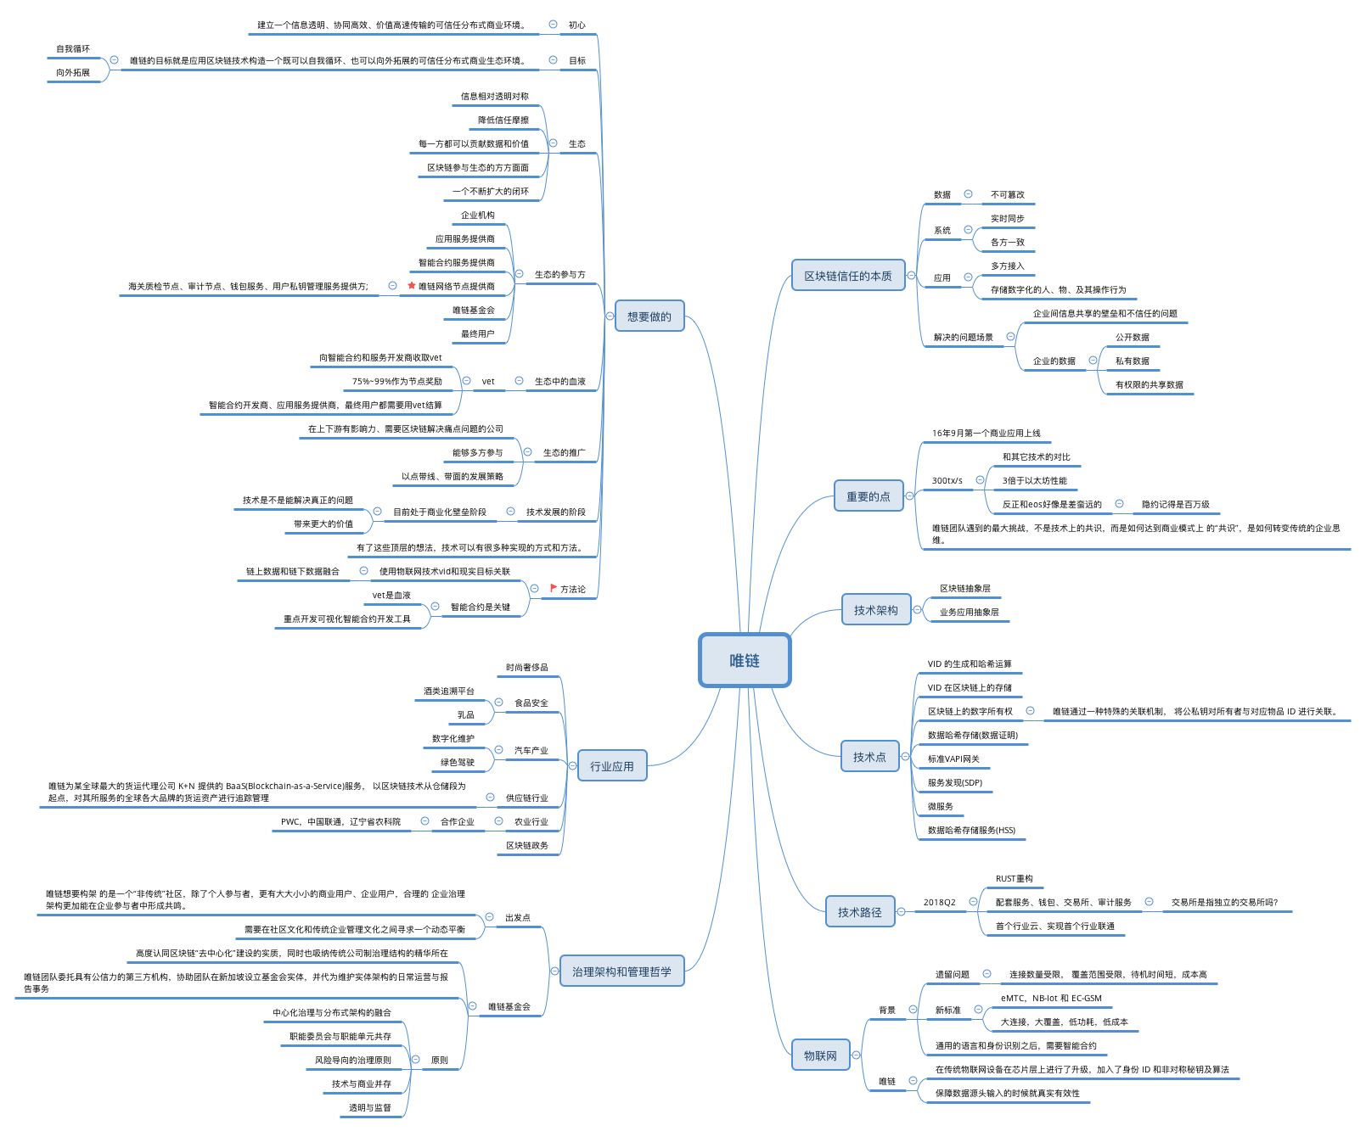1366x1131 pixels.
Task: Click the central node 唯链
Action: click(x=745, y=660)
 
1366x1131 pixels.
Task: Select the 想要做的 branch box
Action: click(x=649, y=316)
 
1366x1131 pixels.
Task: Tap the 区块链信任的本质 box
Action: click(x=848, y=276)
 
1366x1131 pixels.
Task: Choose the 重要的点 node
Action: click(x=869, y=496)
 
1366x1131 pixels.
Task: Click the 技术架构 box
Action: click(x=876, y=609)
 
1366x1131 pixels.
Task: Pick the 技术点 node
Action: click(x=869, y=757)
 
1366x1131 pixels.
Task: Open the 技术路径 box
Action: click(x=860, y=912)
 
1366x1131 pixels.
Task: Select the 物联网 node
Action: click(x=821, y=1055)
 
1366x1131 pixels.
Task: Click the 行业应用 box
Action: click(x=612, y=766)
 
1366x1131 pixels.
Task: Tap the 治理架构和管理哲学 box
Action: click(x=622, y=971)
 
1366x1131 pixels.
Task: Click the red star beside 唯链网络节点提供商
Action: click(x=412, y=286)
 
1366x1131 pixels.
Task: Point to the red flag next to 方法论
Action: click(x=554, y=588)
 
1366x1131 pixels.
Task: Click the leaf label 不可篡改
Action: click(x=1008, y=195)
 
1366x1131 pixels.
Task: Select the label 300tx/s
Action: click(x=947, y=481)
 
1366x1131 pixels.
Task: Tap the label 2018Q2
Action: click(x=940, y=903)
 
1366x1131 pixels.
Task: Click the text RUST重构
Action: click(x=1015, y=879)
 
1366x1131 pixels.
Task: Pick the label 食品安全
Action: click(x=531, y=703)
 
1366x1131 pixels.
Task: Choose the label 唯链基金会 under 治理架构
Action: click(x=509, y=1007)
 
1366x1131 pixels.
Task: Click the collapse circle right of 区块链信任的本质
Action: click(x=911, y=276)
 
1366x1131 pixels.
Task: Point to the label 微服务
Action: click(x=941, y=807)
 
